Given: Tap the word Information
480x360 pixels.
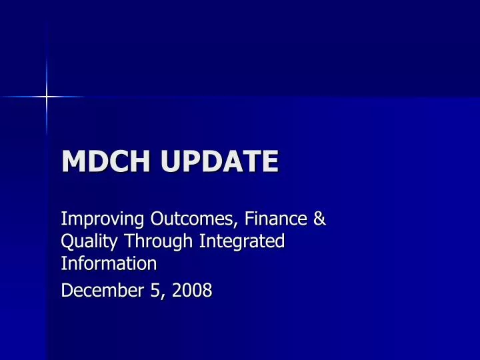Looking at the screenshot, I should (x=109, y=263).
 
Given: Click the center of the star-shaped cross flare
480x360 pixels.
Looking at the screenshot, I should (x=47, y=97).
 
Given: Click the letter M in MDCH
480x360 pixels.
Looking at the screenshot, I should (x=73, y=161).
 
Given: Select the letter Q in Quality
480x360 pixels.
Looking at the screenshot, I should (x=67, y=241).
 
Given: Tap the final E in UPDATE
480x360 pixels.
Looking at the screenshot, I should (x=269, y=161).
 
